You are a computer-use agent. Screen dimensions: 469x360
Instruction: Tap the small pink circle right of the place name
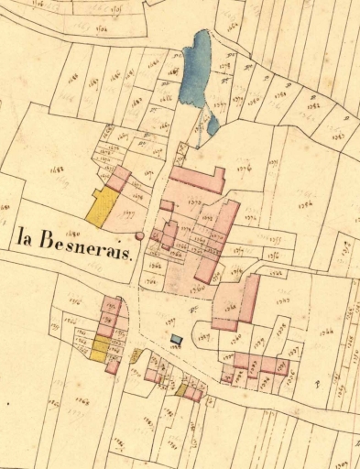(x=139, y=236)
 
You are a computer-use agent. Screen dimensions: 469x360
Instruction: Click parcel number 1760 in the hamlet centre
(x=197, y=288)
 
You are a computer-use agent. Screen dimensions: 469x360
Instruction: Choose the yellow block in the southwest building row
(x=100, y=348)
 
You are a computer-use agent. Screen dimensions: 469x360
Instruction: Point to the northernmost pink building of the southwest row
(x=112, y=305)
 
